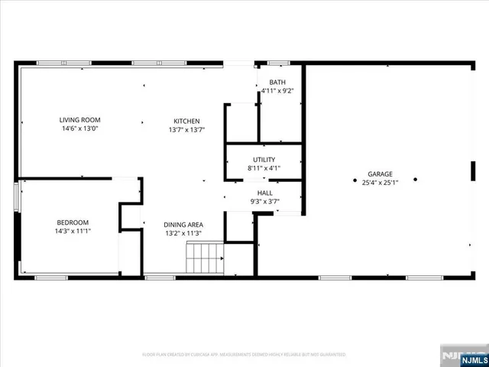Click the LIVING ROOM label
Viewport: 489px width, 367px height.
point(80,120)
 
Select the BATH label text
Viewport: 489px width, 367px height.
point(277,82)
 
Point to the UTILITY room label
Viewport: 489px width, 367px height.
point(264,159)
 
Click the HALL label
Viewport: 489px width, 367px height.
point(264,193)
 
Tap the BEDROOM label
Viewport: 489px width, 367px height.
point(73,222)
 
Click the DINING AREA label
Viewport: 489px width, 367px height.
point(183,225)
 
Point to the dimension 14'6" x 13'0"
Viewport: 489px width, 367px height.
point(80,128)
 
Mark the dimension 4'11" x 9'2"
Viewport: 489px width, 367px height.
point(277,90)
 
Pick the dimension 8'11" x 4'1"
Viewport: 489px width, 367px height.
point(264,167)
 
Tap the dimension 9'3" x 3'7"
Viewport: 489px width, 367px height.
point(264,202)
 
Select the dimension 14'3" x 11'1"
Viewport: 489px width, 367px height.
point(73,231)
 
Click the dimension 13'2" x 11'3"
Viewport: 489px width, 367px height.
point(183,233)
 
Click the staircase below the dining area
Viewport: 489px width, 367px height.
point(205,258)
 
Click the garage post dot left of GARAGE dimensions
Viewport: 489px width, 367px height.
point(355,180)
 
